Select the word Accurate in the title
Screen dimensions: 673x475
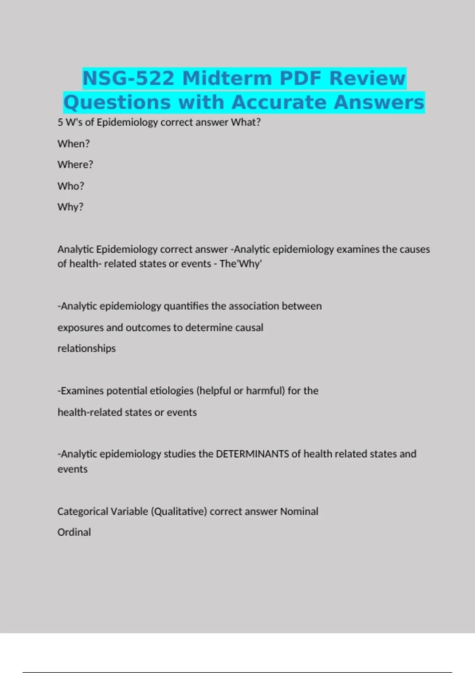pos(279,102)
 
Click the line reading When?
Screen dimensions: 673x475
pos(74,144)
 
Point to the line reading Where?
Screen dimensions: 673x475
pos(75,165)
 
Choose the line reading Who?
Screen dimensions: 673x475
pos(71,186)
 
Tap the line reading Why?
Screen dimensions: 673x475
pos(70,207)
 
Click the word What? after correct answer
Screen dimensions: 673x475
pos(246,122)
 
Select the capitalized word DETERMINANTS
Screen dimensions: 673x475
pos(252,454)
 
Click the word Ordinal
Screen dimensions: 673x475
pos(74,532)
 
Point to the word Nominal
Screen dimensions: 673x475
pos(299,511)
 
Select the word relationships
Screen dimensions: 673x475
pos(87,348)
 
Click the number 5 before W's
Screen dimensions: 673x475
pos(60,122)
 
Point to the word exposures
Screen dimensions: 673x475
pos(80,328)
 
